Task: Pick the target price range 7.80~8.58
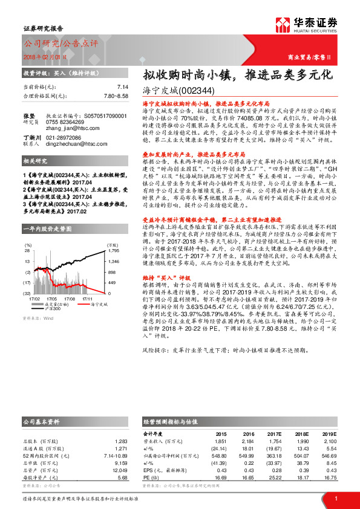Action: tap(116, 96)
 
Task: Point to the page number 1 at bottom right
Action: tap(336, 498)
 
